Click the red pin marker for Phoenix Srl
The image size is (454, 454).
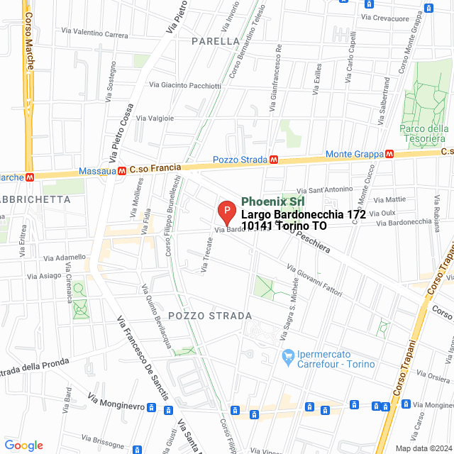(226, 211)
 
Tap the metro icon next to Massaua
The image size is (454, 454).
(123, 170)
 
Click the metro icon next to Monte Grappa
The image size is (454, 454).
(389, 154)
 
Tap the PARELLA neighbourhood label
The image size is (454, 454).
(216, 41)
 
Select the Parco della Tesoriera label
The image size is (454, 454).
(423, 133)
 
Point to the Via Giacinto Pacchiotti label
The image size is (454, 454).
(184, 85)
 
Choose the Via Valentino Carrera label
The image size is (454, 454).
(95, 33)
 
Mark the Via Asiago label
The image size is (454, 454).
(44, 275)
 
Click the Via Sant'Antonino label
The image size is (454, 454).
(324, 189)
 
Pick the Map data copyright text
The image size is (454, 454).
(423, 448)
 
